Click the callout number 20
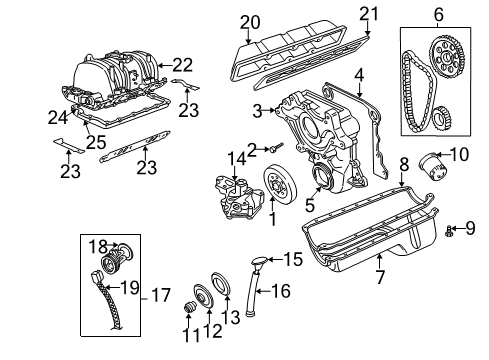click(x=250, y=21)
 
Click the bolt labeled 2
click(x=273, y=149)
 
